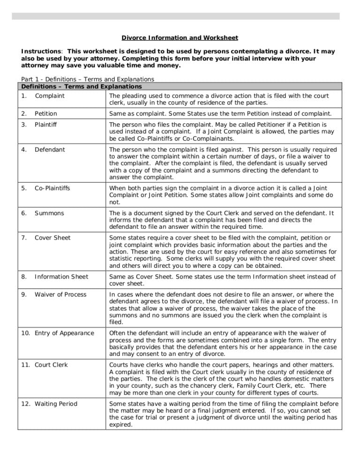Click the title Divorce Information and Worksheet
[180, 38]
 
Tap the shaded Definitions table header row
[180, 87]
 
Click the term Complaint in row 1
[50, 96]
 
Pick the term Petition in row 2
[46, 113]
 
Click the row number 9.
[23, 295]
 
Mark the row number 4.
[23, 150]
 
